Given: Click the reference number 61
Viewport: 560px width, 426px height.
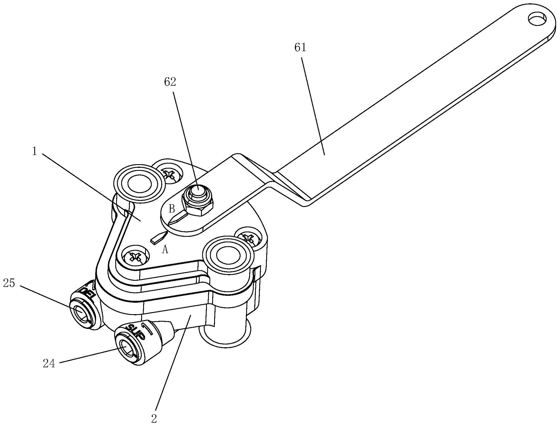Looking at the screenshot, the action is (300, 48).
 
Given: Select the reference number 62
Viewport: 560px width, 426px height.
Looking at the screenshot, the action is (170, 82).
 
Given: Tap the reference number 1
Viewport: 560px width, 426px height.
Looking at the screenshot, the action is (35, 151).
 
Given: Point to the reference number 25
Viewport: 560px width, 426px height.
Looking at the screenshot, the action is (9, 284).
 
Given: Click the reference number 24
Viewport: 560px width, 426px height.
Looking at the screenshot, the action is (49, 364).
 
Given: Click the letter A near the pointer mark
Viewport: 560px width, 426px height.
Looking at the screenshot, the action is (165, 250).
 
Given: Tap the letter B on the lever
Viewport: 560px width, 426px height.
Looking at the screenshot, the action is (172, 208).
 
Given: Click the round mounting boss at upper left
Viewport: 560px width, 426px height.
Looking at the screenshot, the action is (139, 184).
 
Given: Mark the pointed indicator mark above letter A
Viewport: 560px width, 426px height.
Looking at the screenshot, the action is (158, 237).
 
